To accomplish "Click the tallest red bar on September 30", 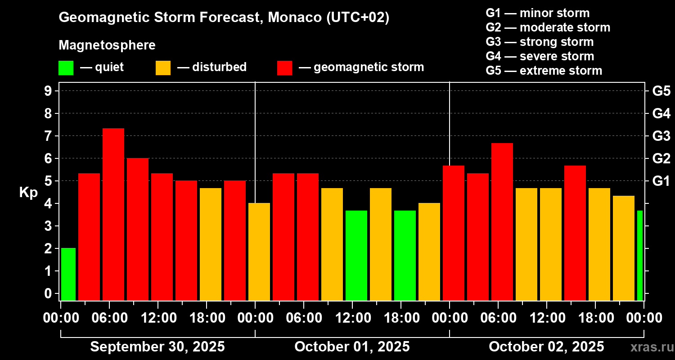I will pyautogui.click(x=113, y=214).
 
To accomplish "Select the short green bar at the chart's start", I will pyautogui.click(x=68, y=274).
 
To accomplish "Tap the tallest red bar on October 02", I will pyautogui.click(x=502, y=221).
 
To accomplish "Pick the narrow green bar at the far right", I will pyautogui.click(x=640, y=255).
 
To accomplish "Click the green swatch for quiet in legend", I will pyautogui.click(x=66, y=68).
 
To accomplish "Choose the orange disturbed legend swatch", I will pyautogui.click(x=163, y=68).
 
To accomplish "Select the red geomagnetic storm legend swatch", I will pyautogui.click(x=284, y=68).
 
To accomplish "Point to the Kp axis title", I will pyautogui.click(x=28, y=193).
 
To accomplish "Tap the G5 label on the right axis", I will pyautogui.click(x=661, y=91).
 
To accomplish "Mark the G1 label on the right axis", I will pyautogui.click(x=661, y=181).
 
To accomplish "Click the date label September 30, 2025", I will pyautogui.click(x=157, y=347).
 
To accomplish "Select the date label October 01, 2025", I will pyautogui.click(x=352, y=347).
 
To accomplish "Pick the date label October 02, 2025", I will pyautogui.click(x=546, y=347).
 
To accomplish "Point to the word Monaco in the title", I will pyautogui.click(x=286, y=18).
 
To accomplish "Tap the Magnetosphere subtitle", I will pyautogui.click(x=107, y=45).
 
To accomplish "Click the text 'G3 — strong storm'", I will pyautogui.click(x=540, y=42).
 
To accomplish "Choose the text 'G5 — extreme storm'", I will pyautogui.click(x=544, y=71).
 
